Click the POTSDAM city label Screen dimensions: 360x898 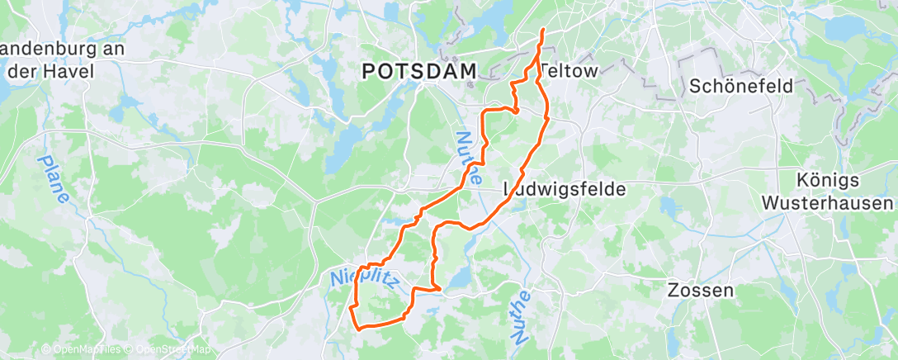point(420,73)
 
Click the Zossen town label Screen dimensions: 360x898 point(700,291)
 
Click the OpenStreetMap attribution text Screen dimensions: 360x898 point(173,350)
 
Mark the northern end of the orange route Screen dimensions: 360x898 point(542,30)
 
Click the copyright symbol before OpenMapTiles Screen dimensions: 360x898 point(47,350)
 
